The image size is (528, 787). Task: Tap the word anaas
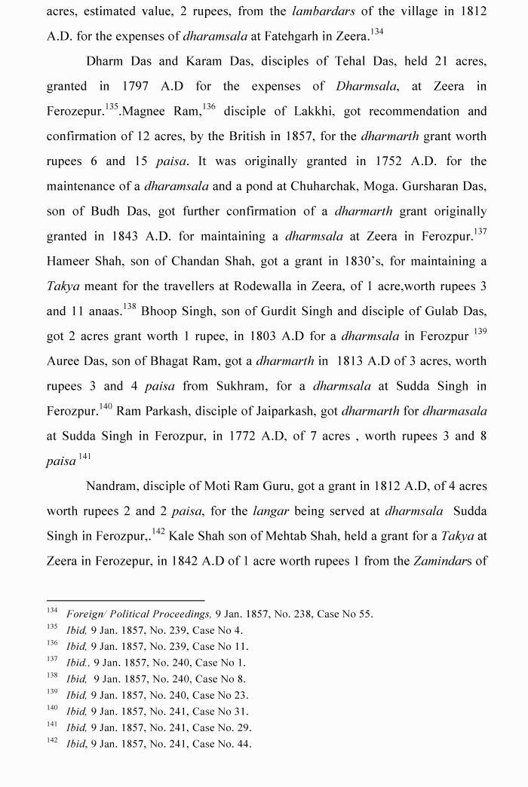(x=96, y=311)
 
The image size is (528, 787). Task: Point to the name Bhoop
(x=161, y=311)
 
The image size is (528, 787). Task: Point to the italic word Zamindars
(x=450, y=562)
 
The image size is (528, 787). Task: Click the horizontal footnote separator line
(x=125, y=600)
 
